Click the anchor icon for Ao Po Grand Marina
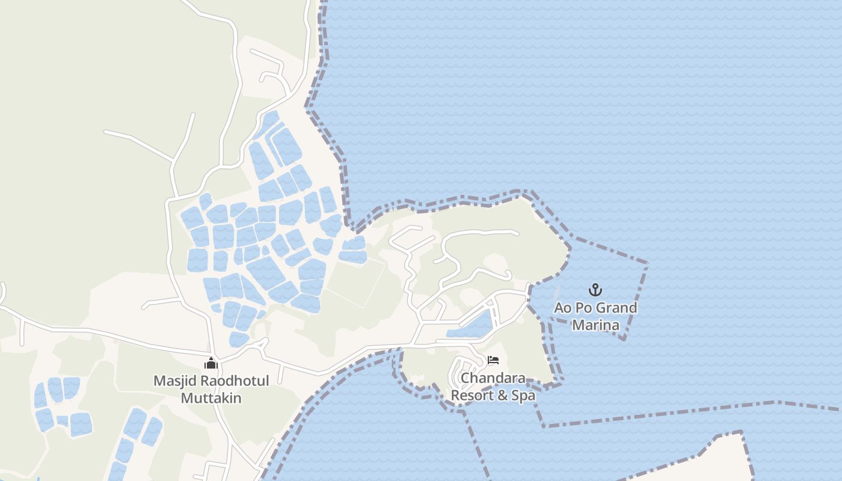[x=595, y=290]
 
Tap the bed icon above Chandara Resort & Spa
[x=493, y=361]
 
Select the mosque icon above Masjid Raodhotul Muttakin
[x=211, y=363]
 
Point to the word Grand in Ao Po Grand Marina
[x=613, y=308]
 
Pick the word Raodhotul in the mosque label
[x=232, y=381]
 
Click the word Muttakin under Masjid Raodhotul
[x=211, y=398]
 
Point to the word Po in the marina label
[x=582, y=308]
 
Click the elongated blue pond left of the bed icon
[x=470, y=327]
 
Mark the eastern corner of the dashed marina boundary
[x=647, y=263]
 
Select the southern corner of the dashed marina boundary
[x=624, y=339]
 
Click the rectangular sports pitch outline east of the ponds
[x=355, y=281]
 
